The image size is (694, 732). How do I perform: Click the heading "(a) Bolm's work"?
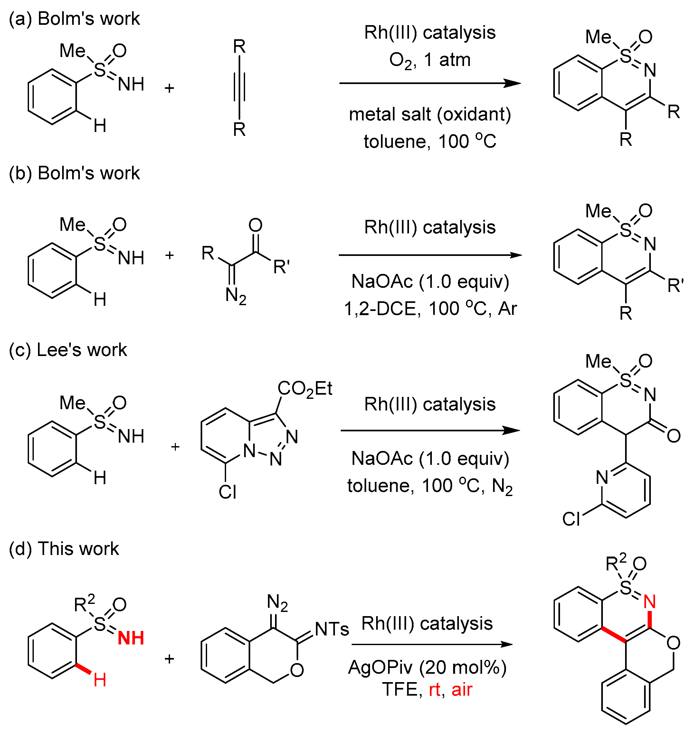[x=74, y=18]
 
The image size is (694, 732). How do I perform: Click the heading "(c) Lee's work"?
[x=68, y=350]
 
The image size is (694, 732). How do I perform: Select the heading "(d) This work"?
[x=64, y=549]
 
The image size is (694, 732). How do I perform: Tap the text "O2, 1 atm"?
[x=430, y=60]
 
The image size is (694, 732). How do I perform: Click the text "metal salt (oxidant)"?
[x=430, y=114]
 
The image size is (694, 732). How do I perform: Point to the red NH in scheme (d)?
[x=130, y=638]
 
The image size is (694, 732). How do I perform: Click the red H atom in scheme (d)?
[x=100, y=680]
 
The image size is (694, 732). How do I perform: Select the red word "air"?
[x=462, y=690]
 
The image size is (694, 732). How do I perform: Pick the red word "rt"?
[x=435, y=690]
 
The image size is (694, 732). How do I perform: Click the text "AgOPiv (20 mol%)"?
[x=427, y=667]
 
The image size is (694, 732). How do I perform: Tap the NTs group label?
[x=332, y=629]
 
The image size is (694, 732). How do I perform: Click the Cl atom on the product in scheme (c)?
[x=571, y=519]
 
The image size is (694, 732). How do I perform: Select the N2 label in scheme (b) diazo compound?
[x=236, y=296]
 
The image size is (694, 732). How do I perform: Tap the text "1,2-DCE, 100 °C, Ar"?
[x=430, y=308]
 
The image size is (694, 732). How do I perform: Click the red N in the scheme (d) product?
[x=650, y=602]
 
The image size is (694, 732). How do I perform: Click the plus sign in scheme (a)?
[x=169, y=88]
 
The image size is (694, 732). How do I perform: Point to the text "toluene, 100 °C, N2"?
[x=430, y=486]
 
